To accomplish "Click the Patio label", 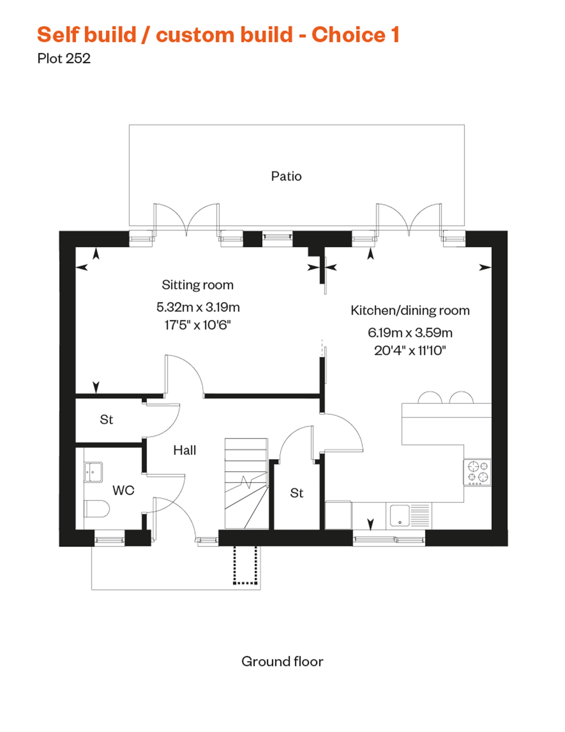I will (x=286, y=176).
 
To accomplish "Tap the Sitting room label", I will (x=197, y=285).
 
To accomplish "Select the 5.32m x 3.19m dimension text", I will (x=198, y=307).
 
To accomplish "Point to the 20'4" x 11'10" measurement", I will (x=410, y=351).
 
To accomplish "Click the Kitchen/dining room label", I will (x=410, y=310).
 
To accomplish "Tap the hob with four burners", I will (x=477, y=472).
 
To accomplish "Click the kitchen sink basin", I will (x=399, y=516).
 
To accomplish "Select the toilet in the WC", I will (x=97, y=509).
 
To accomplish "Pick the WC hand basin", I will (x=93, y=472).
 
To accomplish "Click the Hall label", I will (x=185, y=450).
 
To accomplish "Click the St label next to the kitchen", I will (x=296, y=493).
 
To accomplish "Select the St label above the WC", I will (x=107, y=420).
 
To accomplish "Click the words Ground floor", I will (x=282, y=661).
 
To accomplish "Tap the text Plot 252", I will (x=64, y=59).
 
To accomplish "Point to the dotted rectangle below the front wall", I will (x=245, y=565).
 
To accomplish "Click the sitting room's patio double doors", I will (x=186, y=218).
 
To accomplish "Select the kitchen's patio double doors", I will (x=409, y=218).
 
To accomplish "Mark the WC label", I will (x=123, y=490).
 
